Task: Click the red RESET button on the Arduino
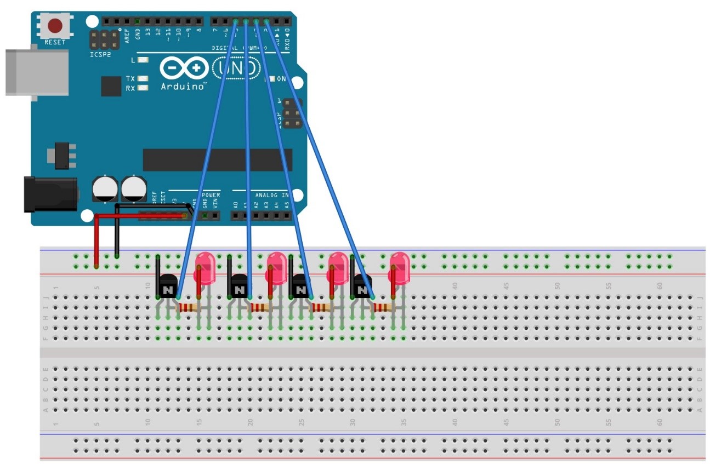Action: (55, 26)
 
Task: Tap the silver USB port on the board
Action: (36, 72)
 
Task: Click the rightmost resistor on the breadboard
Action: (382, 308)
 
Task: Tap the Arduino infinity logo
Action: (184, 69)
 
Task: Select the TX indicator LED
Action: (143, 79)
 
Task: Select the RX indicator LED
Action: (143, 88)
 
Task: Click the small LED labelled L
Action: (143, 60)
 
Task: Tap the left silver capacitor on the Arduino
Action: (105, 188)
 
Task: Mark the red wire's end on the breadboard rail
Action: (96, 266)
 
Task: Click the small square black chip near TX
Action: (111, 87)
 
